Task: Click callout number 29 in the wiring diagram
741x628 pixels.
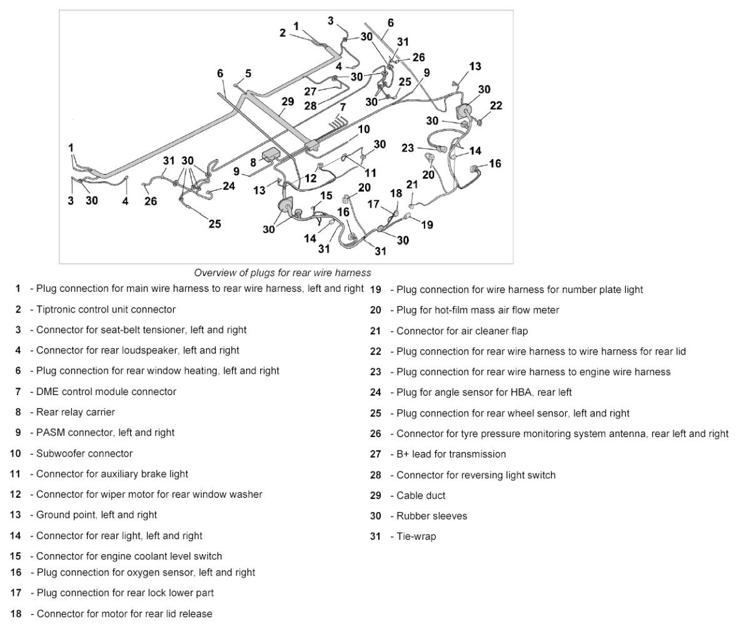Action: tap(288, 101)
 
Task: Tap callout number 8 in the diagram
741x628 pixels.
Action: tap(253, 162)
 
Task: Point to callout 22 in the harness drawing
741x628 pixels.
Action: tap(496, 106)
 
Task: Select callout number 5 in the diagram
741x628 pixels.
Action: tap(248, 74)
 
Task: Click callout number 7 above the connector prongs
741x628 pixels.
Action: tap(343, 107)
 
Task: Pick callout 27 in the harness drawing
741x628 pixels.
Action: tap(310, 91)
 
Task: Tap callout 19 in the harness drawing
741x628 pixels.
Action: tap(427, 224)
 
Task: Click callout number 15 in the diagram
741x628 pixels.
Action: tap(326, 195)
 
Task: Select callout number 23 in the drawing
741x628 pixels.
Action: tap(408, 148)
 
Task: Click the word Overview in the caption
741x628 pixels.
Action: tap(213, 273)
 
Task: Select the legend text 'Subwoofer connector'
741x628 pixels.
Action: tap(84, 453)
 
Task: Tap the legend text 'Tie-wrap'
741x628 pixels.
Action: tap(416, 537)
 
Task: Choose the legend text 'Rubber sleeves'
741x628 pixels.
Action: tap(431, 516)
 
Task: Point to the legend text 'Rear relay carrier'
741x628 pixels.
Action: tap(76, 412)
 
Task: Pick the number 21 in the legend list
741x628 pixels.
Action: tap(375, 331)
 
